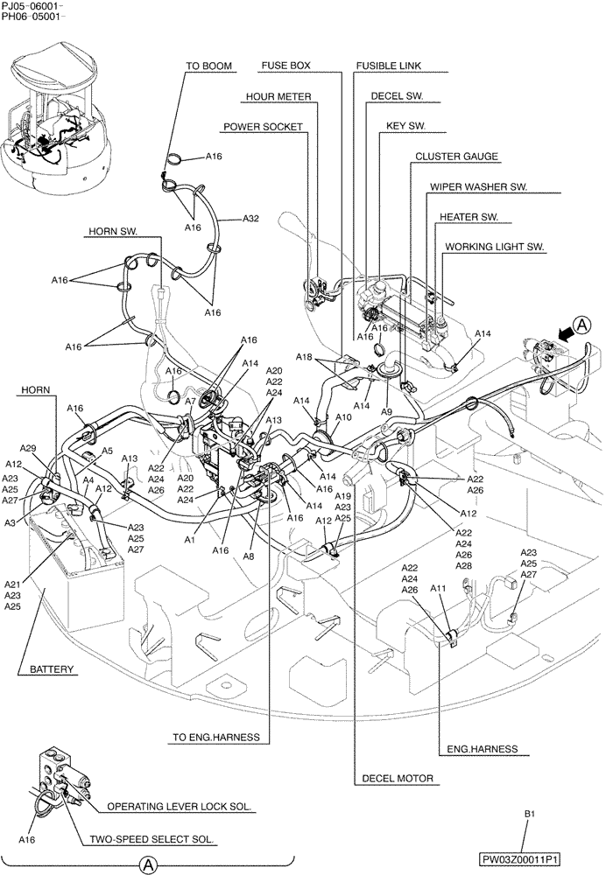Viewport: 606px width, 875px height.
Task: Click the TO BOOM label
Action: tap(208, 66)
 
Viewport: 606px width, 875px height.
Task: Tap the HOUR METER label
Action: tap(278, 96)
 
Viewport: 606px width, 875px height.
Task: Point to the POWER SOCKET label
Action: tap(263, 127)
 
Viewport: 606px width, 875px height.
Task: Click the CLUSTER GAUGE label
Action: tap(456, 157)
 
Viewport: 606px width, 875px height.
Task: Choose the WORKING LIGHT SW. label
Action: tap(494, 248)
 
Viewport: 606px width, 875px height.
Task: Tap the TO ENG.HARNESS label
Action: tap(215, 738)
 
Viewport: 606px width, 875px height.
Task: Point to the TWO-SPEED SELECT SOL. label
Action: tap(151, 839)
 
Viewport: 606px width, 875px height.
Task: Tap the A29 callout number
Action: tap(27, 447)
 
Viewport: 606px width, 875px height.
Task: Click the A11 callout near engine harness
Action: tap(439, 590)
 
